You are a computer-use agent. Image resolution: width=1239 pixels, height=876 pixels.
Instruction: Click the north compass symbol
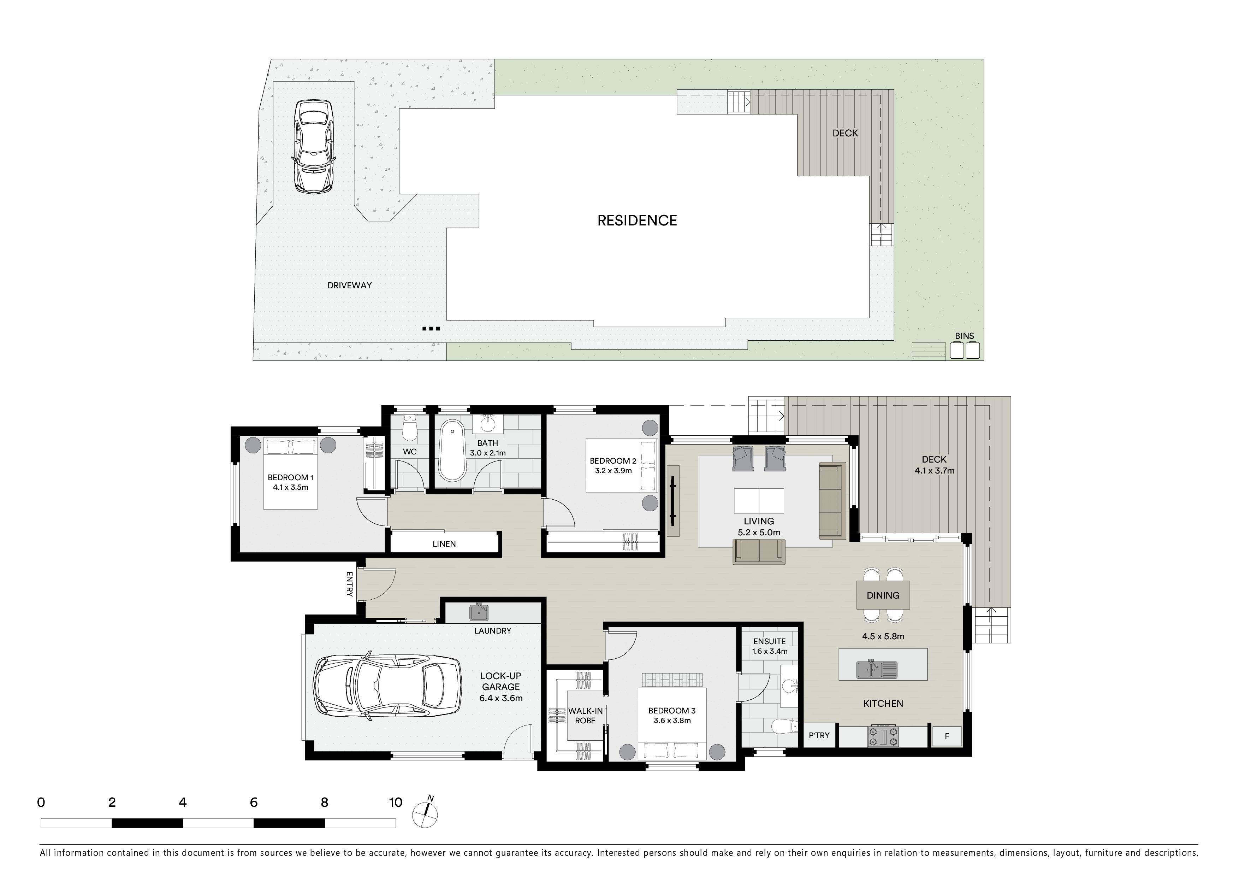[x=425, y=812]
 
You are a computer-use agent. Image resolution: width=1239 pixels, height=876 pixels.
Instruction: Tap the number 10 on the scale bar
[x=396, y=802]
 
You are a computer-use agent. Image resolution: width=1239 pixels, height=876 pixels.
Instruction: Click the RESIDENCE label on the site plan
[x=637, y=220]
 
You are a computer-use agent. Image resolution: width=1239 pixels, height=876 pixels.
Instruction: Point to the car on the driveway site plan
[x=314, y=146]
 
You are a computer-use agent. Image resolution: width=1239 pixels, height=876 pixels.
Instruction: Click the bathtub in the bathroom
[x=452, y=451]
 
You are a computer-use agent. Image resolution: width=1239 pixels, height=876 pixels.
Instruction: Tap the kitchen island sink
[x=876, y=669]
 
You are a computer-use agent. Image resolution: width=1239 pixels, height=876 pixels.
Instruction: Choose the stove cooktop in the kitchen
[x=883, y=736]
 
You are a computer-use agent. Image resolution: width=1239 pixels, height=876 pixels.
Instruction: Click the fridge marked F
[x=947, y=736]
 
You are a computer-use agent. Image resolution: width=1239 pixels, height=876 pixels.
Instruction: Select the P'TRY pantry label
[x=819, y=735]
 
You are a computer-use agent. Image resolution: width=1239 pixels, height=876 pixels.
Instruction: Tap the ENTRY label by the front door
[x=349, y=584]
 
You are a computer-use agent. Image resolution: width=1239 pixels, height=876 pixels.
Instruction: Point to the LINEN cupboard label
[x=444, y=543]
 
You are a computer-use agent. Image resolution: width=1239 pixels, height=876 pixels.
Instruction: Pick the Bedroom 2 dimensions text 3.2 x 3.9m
[x=613, y=471]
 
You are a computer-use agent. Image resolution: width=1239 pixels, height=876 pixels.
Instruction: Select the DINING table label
[x=883, y=595]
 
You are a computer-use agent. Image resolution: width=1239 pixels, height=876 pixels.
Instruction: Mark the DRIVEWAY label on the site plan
[x=350, y=285]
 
